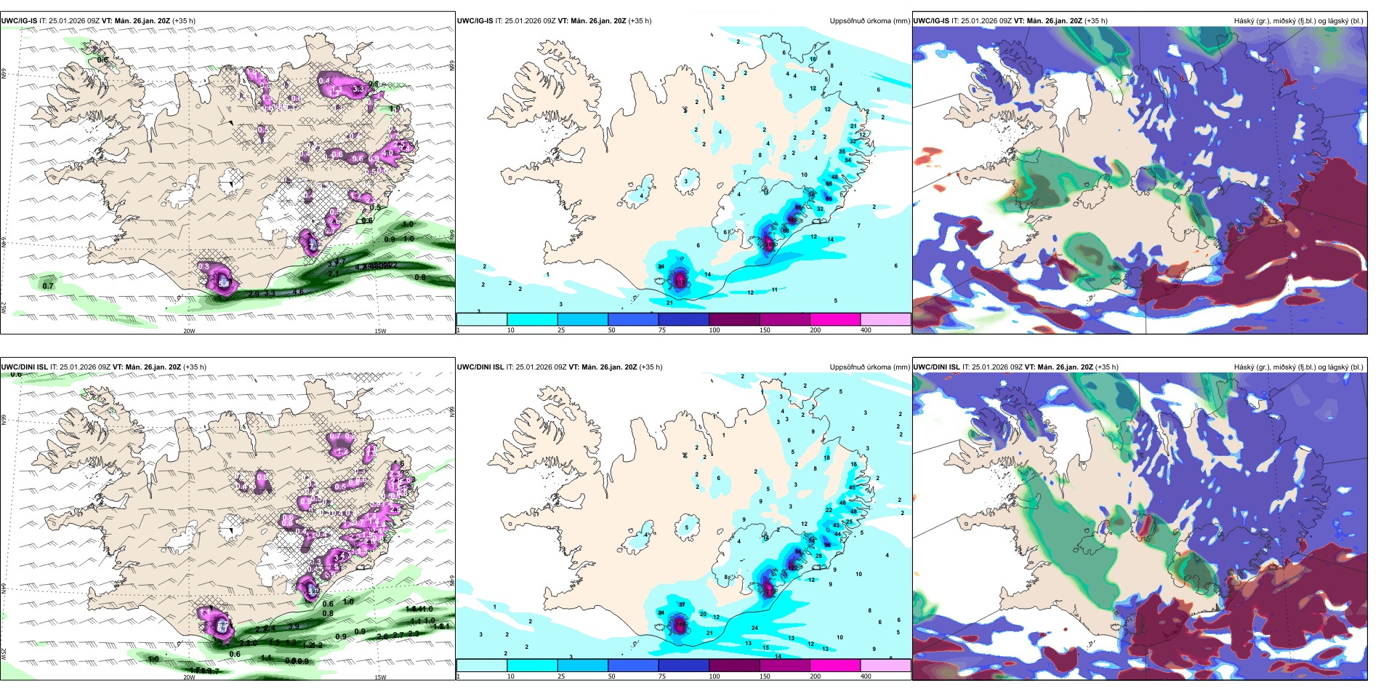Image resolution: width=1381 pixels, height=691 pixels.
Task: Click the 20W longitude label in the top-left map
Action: [189, 331]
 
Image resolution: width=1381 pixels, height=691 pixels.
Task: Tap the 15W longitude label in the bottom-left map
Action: [380, 677]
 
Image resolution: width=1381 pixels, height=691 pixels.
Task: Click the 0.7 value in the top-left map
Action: [48, 286]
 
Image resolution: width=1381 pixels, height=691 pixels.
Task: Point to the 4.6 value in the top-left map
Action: [298, 292]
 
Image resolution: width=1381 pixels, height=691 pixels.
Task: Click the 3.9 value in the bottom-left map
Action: [294, 626]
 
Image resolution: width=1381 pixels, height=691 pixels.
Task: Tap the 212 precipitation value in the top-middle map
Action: [770, 246]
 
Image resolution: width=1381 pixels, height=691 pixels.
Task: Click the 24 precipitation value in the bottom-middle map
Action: [754, 628]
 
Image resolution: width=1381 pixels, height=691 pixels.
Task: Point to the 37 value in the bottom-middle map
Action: [682, 605]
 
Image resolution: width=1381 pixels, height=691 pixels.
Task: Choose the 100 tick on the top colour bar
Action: [714, 330]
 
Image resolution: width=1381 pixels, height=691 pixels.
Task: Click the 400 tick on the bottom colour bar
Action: [866, 676]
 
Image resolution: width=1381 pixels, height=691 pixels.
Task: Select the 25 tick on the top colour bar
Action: [561, 330]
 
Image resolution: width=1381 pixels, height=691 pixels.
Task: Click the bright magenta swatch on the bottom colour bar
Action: [835, 666]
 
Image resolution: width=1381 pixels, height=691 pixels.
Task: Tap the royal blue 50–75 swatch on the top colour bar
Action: [632, 319]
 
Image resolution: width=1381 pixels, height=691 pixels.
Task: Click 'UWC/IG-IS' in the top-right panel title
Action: [931, 21]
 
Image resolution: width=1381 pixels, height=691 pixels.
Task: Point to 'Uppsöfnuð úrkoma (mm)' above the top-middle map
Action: [869, 21]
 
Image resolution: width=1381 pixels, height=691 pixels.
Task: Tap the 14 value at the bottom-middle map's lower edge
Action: [778, 657]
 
